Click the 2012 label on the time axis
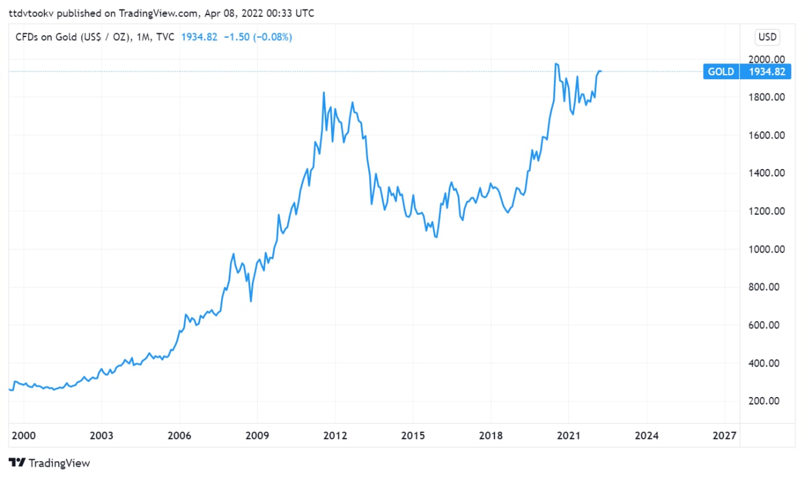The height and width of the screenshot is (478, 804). click(x=335, y=435)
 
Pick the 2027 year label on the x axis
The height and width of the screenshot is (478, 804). click(x=725, y=435)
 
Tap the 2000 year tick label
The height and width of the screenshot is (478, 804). click(x=24, y=435)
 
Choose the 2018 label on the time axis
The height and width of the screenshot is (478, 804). click(x=491, y=435)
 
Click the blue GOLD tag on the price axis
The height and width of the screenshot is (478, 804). click(x=720, y=72)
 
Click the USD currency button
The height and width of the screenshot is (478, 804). click(x=768, y=37)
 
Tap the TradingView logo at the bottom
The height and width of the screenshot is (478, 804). click(x=50, y=463)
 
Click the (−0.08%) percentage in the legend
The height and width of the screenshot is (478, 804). click(x=273, y=37)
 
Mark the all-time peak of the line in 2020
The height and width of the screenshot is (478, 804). click(x=556, y=63)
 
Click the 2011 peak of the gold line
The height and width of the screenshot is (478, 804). click(x=323, y=92)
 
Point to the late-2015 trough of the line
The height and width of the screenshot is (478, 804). click(x=436, y=237)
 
